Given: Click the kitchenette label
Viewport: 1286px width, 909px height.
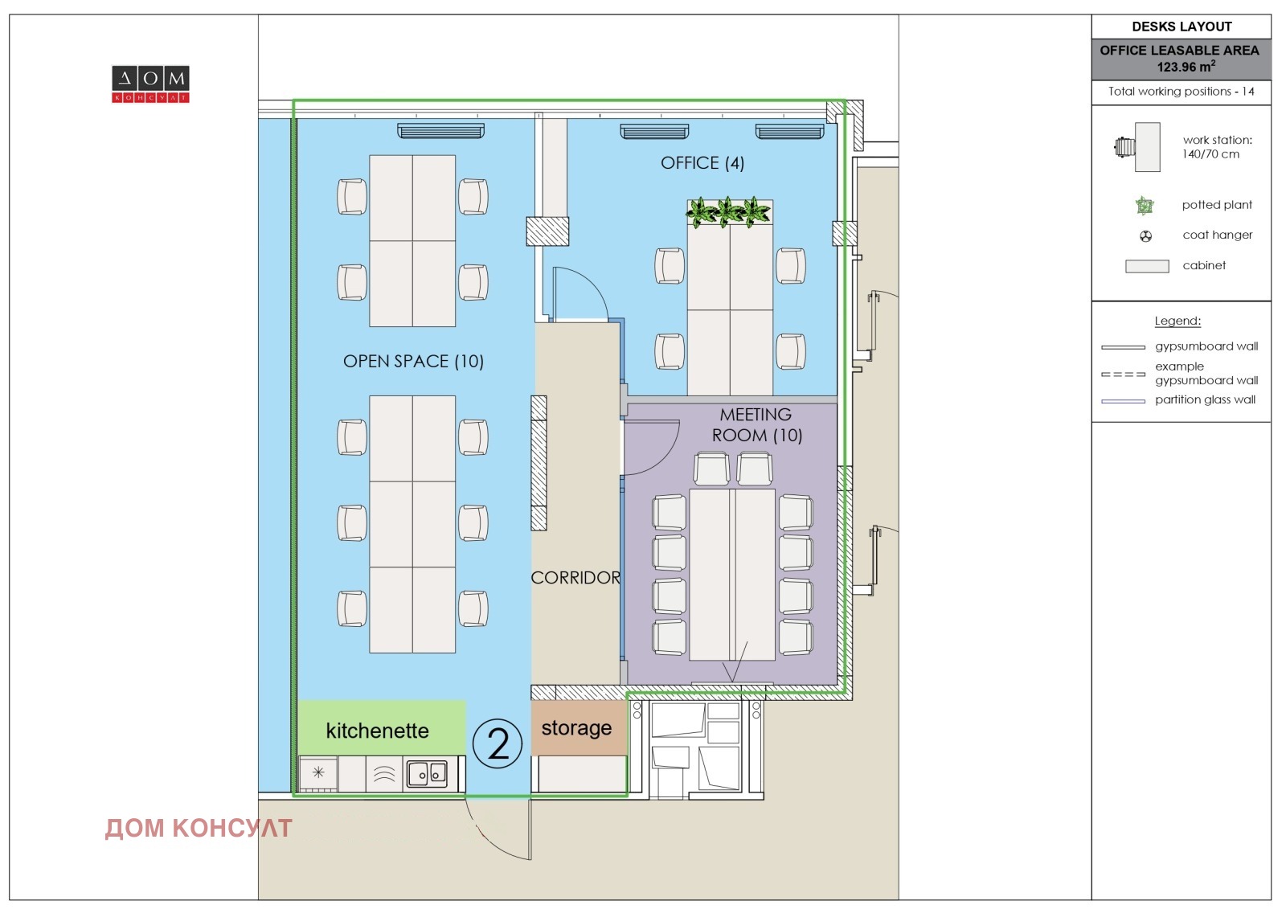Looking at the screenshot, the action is (377, 731).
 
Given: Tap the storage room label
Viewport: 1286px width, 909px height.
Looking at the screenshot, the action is (576, 728).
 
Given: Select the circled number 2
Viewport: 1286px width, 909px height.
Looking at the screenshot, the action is (498, 743).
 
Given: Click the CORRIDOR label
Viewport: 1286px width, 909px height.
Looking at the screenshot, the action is (575, 578).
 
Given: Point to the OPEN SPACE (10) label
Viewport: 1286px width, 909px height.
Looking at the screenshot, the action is (413, 361).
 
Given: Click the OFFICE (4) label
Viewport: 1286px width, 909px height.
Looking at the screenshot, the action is (702, 163).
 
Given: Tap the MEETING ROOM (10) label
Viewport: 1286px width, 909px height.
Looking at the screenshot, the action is (756, 425).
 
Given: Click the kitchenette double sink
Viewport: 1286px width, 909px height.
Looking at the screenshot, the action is (427, 774).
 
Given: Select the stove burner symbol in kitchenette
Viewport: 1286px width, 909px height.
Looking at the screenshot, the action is (318, 772).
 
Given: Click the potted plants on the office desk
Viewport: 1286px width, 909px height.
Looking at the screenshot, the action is (728, 212).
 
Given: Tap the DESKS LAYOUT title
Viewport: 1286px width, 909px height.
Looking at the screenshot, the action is (1182, 27).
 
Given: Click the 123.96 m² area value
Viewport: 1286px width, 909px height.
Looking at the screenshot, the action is (1186, 67).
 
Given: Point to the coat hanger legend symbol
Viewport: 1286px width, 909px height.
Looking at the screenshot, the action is (1145, 236).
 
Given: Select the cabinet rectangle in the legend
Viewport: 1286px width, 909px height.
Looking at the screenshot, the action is (1146, 267).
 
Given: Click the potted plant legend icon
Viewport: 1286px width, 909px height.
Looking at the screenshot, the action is (1145, 205).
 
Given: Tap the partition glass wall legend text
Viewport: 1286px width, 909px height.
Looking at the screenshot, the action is (1205, 399).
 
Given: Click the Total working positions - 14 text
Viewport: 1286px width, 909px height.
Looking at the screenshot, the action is (1181, 92).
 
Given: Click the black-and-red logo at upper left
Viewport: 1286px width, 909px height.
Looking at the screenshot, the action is (150, 84).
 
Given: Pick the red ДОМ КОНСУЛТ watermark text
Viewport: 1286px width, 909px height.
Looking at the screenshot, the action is (199, 828).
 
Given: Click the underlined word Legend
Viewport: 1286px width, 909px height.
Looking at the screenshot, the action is (1177, 321).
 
